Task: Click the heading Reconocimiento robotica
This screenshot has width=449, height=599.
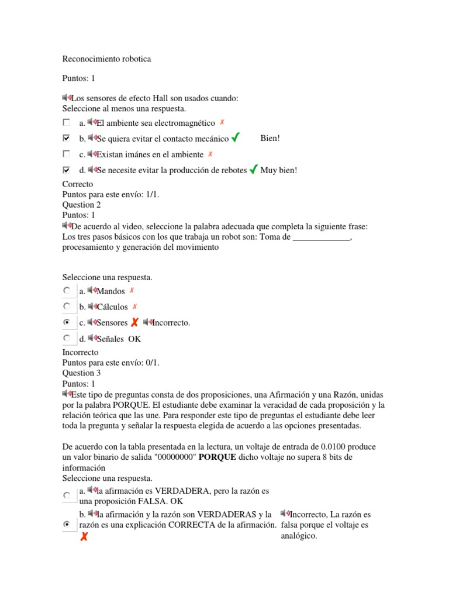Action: [x=106, y=59]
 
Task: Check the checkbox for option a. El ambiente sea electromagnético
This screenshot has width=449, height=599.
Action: [x=66, y=123]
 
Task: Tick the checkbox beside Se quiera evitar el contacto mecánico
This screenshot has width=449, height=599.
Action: [x=66, y=139]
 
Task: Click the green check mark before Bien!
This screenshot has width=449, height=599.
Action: [x=235, y=138]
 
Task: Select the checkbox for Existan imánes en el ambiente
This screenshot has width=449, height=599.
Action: [x=66, y=154]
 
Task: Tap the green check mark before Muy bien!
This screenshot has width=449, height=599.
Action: [x=253, y=170]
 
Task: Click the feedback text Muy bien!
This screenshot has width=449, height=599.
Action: [x=279, y=170]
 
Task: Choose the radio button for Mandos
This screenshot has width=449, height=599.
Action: [x=67, y=291]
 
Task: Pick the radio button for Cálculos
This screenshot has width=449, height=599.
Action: [x=67, y=307]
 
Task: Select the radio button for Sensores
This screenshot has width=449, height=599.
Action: [x=67, y=322]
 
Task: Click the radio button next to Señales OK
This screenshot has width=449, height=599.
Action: [x=67, y=338]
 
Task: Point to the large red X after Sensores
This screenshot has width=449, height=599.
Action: [x=134, y=322]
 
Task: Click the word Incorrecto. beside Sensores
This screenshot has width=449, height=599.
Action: [x=171, y=323]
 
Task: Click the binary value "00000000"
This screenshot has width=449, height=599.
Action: [x=174, y=457]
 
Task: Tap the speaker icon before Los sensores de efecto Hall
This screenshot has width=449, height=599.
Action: [x=66, y=98]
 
